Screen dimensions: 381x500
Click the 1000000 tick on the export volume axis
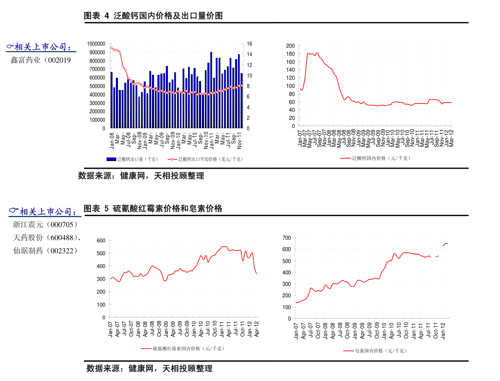[x=96, y=44]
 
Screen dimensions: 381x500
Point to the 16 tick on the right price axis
[x=249, y=44]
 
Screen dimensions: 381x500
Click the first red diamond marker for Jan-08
[x=111, y=48]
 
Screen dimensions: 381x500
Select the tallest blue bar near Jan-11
[x=211, y=90]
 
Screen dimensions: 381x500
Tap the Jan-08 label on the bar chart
[x=112, y=141]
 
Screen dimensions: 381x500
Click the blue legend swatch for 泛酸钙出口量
[x=111, y=159]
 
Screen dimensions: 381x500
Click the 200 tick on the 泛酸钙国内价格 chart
[x=290, y=45]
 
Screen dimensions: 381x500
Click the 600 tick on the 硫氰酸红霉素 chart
[x=100, y=241]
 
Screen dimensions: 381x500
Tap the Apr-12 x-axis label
[x=257, y=328]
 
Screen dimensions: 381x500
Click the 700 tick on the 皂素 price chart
[x=286, y=238]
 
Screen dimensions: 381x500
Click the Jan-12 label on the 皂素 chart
[x=443, y=330]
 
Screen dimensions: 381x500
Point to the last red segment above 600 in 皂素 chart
[x=446, y=244]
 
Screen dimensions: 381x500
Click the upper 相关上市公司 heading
[x=41, y=48]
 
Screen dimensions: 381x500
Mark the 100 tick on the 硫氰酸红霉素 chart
[x=100, y=304]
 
